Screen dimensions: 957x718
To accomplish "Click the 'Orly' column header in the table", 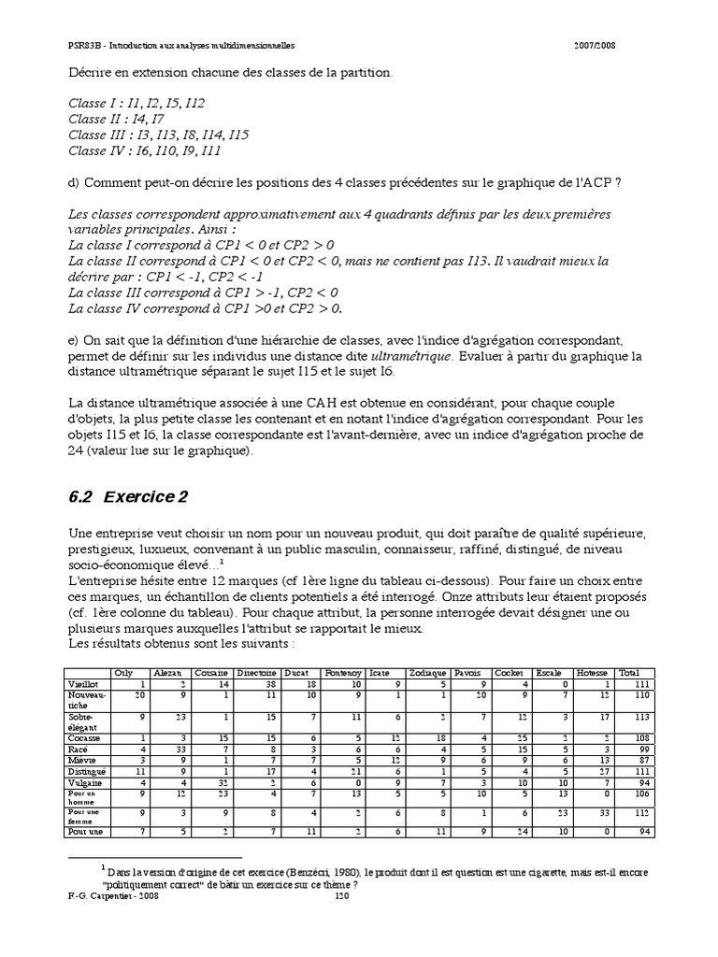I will (122, 672).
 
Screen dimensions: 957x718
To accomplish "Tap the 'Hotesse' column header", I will (592, 672).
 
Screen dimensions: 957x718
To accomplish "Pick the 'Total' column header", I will (629, 672).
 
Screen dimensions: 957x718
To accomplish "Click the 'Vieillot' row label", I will (85, 683).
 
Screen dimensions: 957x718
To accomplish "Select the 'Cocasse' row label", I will (85, 737).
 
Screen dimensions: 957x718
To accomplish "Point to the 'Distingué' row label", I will (87, 771).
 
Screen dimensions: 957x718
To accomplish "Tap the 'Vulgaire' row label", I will (86, 782).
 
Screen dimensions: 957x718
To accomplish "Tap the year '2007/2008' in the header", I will (593, 45).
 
